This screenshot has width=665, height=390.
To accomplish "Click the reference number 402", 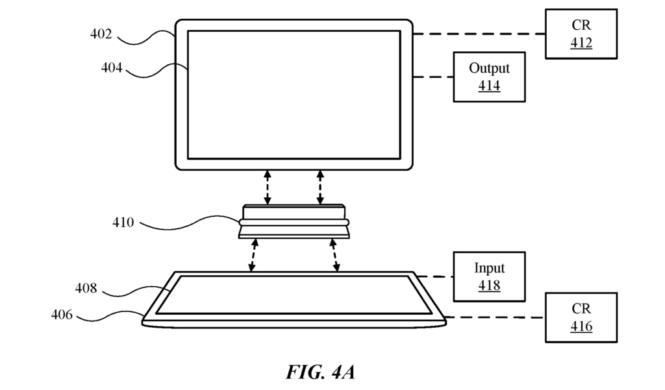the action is point(101,34).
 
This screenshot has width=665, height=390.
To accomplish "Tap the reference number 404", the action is point(112,67).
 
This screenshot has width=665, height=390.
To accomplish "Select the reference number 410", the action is point(123,222).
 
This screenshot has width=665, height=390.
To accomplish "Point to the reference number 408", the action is point(86,288).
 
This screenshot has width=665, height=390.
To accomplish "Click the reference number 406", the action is point(62,315).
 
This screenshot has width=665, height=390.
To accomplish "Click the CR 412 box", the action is point(581,34).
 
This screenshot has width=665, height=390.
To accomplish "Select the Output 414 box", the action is point(490,77).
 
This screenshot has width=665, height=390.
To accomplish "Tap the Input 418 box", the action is point(490,277).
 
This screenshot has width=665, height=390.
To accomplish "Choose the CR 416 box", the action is point(581,317).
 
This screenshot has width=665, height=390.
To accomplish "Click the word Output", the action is point(490,68).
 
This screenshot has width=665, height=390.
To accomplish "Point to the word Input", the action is point(490,269).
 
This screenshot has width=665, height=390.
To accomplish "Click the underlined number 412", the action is point(581,43).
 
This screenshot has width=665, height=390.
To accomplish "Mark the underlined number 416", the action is point(581,326).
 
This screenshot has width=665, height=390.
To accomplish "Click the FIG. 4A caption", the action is point(321,372).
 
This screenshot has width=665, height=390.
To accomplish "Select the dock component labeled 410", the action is point(294,222).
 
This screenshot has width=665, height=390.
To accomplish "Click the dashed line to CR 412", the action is point(479,34).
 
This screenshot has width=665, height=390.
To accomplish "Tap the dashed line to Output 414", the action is point(433,77).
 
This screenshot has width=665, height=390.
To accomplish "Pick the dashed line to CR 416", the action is point(494,317).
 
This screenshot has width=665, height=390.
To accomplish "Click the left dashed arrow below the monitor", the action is point(267,188).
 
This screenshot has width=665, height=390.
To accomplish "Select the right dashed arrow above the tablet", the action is point(334,255).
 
